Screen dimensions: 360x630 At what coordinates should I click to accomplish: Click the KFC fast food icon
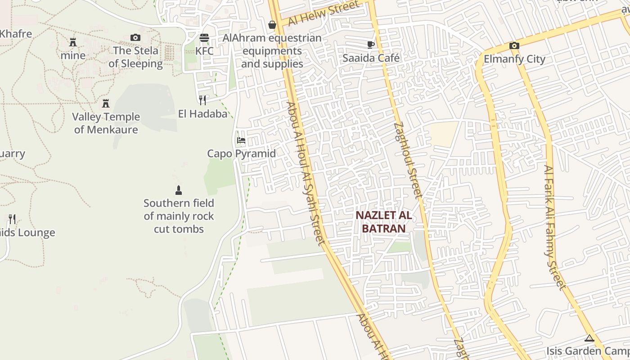point(204,37)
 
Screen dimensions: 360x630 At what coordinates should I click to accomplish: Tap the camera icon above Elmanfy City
point(514,45)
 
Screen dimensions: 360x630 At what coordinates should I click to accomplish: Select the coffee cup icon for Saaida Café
point(371,44)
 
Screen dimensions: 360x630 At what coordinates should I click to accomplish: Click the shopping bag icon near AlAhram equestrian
point(272,25)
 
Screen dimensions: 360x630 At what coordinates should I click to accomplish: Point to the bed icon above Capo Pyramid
point(241,140)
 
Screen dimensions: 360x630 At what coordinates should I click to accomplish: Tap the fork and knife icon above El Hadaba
point(202,100)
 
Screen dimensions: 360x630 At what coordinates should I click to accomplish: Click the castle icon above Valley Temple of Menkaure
point(106,103)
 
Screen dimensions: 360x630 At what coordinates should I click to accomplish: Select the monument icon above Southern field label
point(179,190)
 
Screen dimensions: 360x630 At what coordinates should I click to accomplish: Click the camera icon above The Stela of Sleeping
point(135,37)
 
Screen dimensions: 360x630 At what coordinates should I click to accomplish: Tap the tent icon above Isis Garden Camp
point(589,338)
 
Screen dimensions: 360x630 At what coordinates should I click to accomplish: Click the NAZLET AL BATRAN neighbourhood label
point(383,221)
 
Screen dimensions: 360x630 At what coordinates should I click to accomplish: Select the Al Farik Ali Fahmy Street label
point(554,227)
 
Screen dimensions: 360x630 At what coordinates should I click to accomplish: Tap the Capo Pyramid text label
point(241,153)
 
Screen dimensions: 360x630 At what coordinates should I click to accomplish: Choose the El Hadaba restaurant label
point(202,114)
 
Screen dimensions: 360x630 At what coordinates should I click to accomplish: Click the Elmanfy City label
point(514,59)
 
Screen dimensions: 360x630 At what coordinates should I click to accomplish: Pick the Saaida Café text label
point(371,58)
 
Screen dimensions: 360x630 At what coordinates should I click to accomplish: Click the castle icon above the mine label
point(73,42)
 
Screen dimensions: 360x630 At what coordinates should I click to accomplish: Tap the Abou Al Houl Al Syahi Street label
point(306,173)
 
